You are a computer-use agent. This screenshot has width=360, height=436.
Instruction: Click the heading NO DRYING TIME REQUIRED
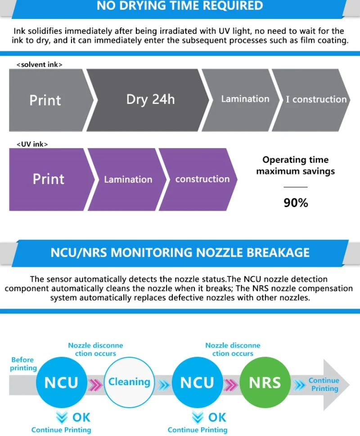(180, 6)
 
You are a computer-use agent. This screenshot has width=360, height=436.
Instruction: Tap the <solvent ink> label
(39, 64)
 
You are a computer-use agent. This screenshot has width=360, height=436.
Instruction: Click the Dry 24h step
(150, 99)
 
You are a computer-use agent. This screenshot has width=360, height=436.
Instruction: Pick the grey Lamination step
(245, 99)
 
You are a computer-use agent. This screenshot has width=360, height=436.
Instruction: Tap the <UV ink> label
(32, 144)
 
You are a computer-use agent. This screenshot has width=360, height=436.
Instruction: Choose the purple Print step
(49, 179)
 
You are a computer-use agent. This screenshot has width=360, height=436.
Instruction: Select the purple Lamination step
(128, 179)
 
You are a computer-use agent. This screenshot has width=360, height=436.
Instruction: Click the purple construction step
(202, 179)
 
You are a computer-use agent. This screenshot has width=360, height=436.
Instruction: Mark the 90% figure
(296, 203)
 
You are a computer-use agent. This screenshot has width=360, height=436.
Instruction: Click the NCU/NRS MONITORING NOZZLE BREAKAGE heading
(180, 252)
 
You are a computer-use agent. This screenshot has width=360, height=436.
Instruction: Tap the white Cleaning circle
(129, 382)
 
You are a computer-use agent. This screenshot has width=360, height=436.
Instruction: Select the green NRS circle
(265, 382)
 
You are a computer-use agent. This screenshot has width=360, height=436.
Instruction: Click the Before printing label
(23, 364)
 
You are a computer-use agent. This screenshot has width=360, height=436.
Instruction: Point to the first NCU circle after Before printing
(61, 382)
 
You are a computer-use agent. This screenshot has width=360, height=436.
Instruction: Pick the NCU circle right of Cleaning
(197, 382)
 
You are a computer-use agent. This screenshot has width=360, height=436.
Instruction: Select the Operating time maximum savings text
(296, 165)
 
